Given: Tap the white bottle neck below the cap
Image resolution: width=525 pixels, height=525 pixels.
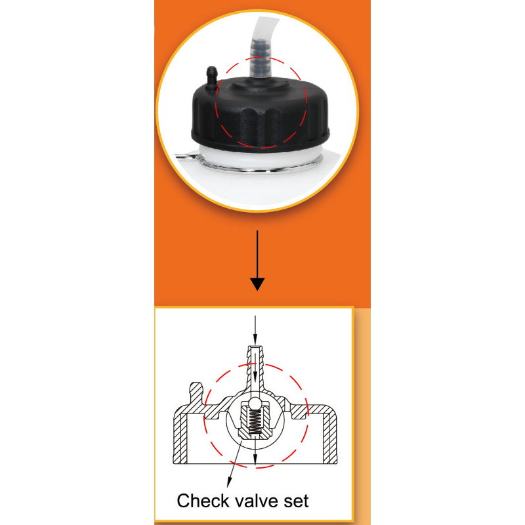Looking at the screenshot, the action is (x=260, y=157).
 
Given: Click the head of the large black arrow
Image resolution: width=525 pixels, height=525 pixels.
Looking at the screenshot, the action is (x=257, y=284).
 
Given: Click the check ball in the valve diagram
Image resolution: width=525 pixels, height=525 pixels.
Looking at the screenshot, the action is (x=255, y=404).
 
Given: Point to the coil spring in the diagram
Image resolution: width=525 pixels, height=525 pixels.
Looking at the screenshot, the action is (x=255, y=422).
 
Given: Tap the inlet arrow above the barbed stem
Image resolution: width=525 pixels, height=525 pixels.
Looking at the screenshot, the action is (x=255, y=330).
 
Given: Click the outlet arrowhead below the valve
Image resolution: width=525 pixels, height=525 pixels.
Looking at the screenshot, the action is (x=255, y=460).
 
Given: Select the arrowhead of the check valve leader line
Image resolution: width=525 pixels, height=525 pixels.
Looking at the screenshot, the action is (x=229, y=482).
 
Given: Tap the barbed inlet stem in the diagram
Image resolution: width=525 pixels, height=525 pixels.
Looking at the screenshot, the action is (x=255, y=368).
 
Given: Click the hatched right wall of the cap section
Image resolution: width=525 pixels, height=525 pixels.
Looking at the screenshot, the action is (x=330, y=435).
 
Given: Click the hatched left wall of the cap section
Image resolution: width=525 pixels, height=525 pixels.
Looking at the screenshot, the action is (x=180, y=435).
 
